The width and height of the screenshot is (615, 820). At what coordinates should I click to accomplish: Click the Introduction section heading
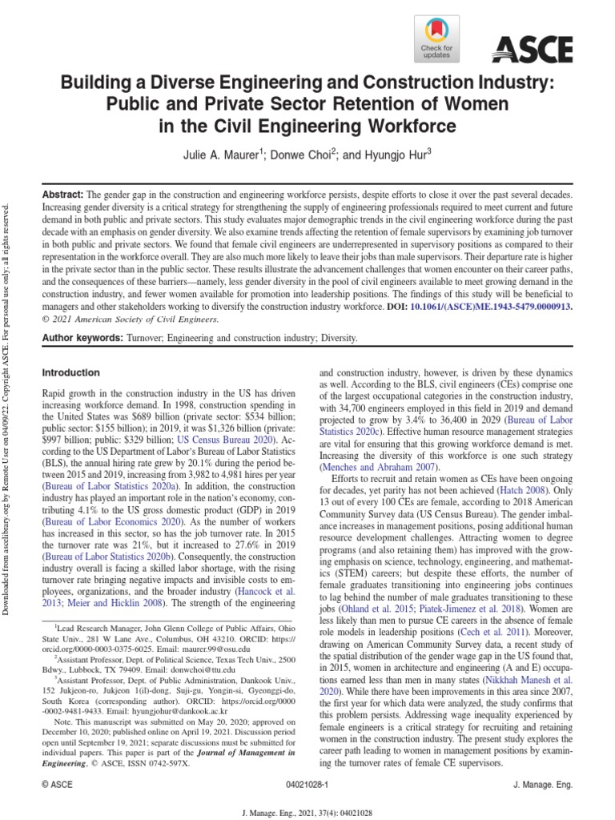pyautogui.click(x=71, y=372)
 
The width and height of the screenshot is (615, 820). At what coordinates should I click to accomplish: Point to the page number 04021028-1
pyautogui.click(x=307, y=787)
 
